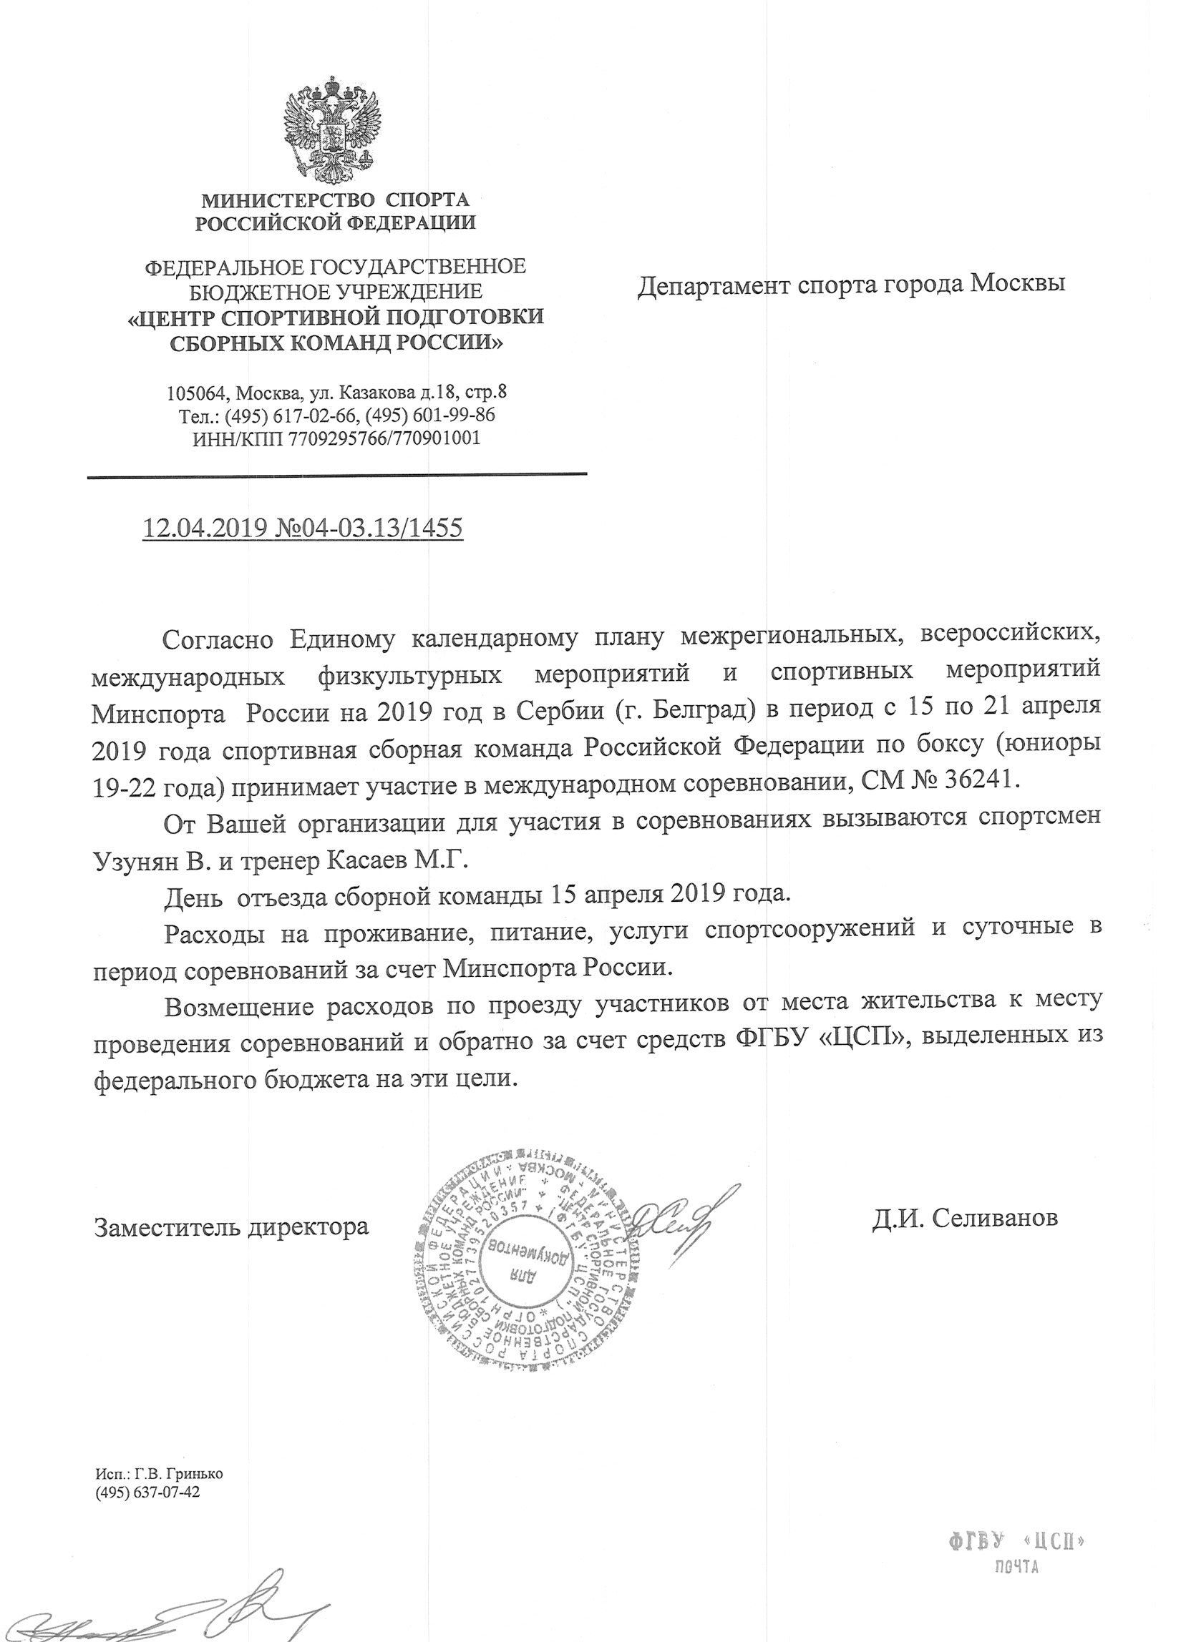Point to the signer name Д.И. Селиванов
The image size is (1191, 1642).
click(965, 1218)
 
